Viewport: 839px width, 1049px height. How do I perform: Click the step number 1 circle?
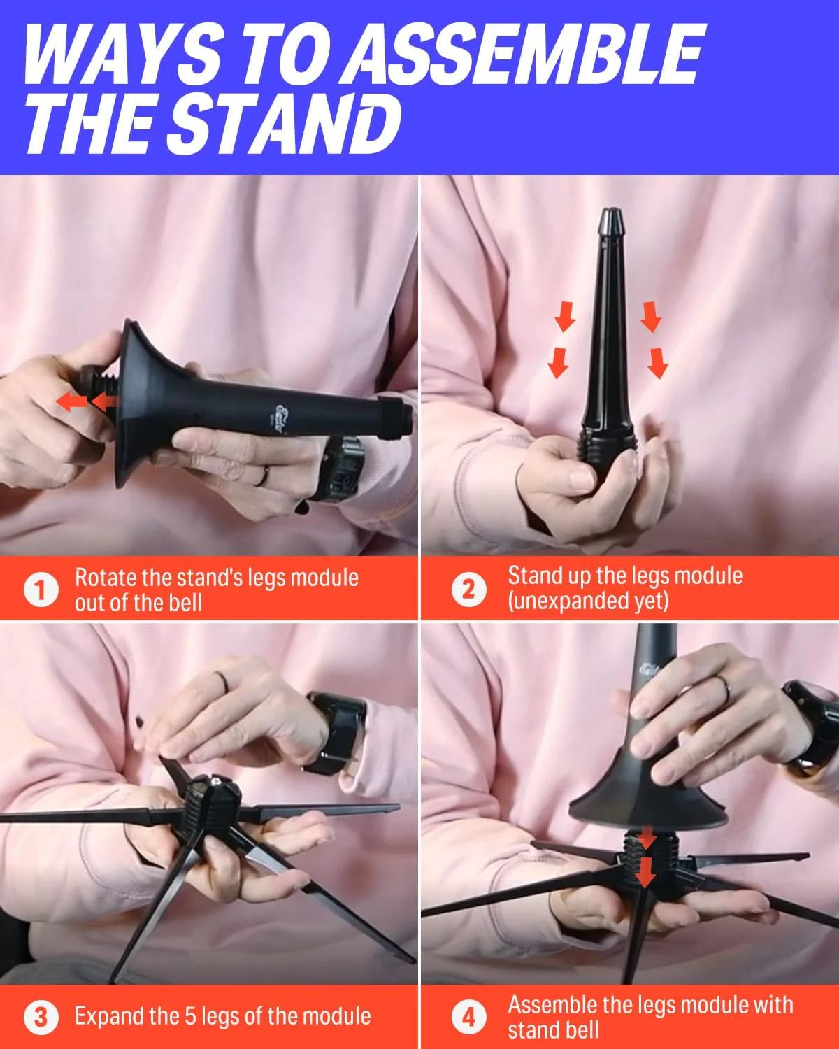coord(41,590)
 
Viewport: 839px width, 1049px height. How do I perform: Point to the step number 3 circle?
coord(41,1016)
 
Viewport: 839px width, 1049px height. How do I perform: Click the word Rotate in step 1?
coord(106,578)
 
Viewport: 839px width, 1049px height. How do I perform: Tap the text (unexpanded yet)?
coord(588,601)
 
